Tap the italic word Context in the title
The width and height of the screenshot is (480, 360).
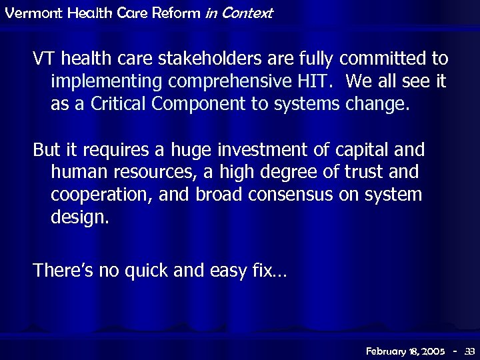click(249, 13)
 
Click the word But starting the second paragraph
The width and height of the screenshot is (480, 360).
click(45, 150)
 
